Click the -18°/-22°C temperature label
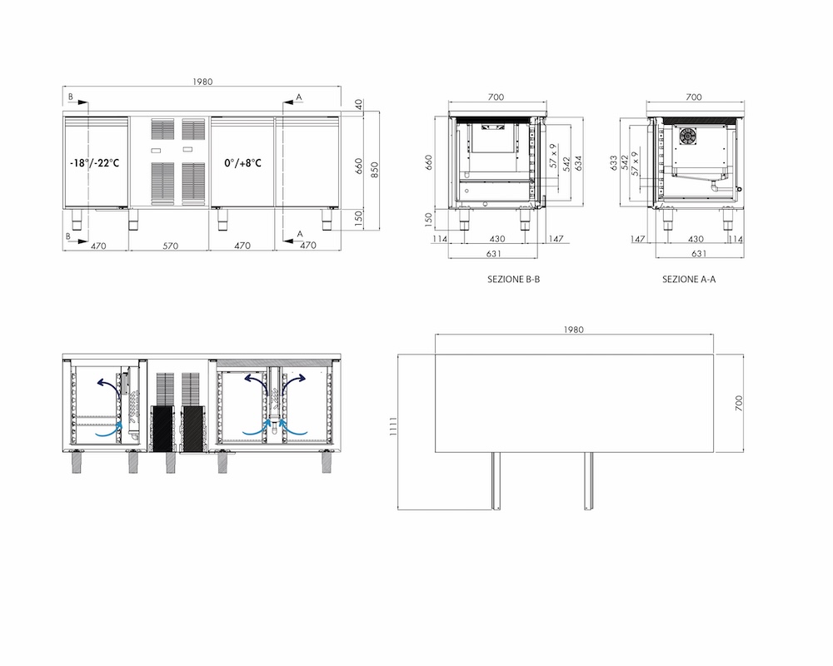pyautogui.click(x=95, y=163)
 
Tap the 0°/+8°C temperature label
pyautogui.click(x=242, y=163)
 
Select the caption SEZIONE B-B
pyautogui.click(x=514, y=280)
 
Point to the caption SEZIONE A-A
pyautogui.click(x=689, y=280)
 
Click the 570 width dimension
pyautogui.click(x=171, y=246)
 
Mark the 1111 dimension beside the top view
pyautogui.click(x=394, y=426)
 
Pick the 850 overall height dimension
pyautogui.click(x=375, y=170)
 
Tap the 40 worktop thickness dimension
pyautogui.click(x=358, y=104)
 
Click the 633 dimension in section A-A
pyautogui.click(x=614, y=162)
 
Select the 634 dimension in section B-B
pyautogui.click(x=579, y=163)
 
